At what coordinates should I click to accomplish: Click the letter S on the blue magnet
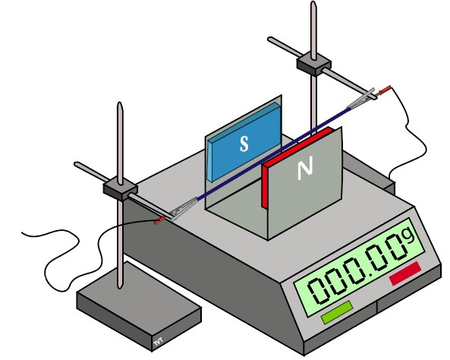click(x=244, y=144)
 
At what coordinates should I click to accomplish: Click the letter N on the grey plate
click(x=305, y=169)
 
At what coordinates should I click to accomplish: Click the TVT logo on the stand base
click(x=158, y=341)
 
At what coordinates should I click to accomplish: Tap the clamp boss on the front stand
click(x=120, y=190)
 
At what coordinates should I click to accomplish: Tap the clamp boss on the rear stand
click(x=313, y=66)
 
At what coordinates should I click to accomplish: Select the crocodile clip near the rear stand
click(x=362, y=99)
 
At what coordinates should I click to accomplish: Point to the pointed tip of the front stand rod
click(x=120, y=103)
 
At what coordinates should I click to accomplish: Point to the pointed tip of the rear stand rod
click(x=313, y=2)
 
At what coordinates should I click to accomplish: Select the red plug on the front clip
click(x=160, y=220)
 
